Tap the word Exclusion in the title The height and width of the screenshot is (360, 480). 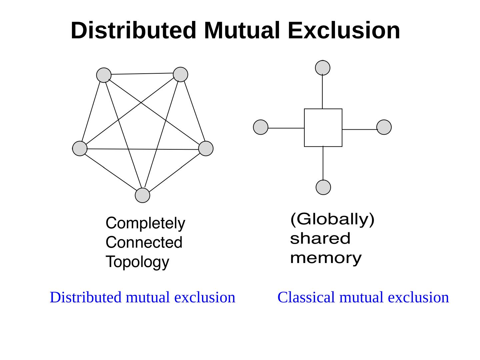pyautogui.click(x=344, y=30)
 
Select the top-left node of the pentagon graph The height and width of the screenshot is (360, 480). pyautogui.click(x=104, y=75)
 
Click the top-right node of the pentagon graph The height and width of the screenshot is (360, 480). pyautogui.click(x=180, y=74)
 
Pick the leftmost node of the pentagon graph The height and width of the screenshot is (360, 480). pyautogui.click(x=80, y=148)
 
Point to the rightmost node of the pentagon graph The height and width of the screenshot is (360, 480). pyautogui.click(x=206, y=148)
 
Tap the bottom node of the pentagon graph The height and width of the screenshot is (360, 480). pyautogui.click(x=142, y=195)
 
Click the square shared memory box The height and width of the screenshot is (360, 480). pyautogui.click(x=323, y=128)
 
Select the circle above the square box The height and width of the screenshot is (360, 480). pyautogui.click(x=323, y=68)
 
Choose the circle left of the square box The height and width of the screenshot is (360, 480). pyautogui.click(x=261, y=127)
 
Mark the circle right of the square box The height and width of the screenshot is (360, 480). pyautogui.click(x=384, y=127)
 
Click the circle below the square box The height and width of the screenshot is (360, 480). pyautogui.click(x=323, y=187)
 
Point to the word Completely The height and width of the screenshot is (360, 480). pyautogui.click(x=145, y=223)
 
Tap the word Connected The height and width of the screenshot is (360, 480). pyautogui.click(x=144, y=242)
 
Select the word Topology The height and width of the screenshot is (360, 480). pyautogui.click(x=137, y=262)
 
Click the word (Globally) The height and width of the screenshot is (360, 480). pyautogui.click(x=333, y=219)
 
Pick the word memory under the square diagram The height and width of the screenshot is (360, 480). pyautogui.click(x=326, y=258)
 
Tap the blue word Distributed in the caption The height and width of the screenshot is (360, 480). pyautogui.click(x=85, y=297)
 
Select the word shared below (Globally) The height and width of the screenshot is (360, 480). pyautogui.click(x=320, y=239)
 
